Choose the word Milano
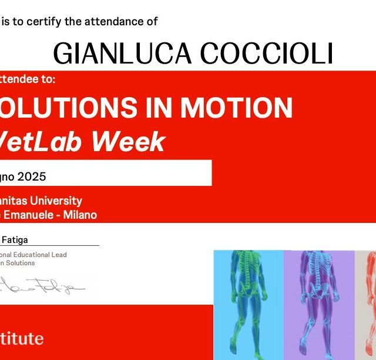pos(80,215)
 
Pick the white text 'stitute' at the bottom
pos(22,338)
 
